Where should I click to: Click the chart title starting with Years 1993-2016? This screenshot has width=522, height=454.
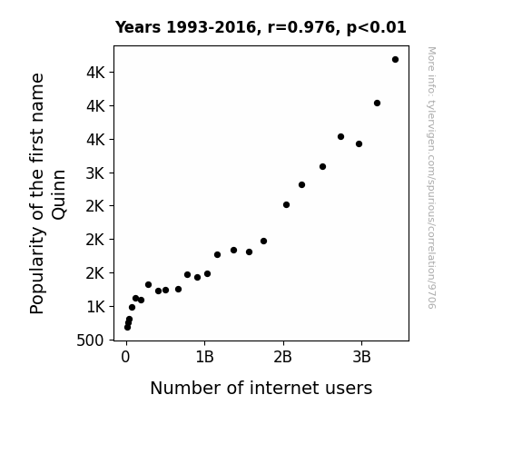pos(261,27)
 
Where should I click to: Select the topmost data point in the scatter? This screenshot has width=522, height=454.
pos(395,60)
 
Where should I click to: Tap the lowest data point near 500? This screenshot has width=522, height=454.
pos(127,328)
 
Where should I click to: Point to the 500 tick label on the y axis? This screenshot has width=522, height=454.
pos(90,340)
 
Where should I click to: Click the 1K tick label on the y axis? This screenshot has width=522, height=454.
pos(95,307)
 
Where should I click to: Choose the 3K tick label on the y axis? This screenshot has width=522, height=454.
pos(95,173)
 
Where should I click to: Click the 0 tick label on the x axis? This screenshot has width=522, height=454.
pos(125,357)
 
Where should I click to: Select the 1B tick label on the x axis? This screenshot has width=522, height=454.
pos(204,357)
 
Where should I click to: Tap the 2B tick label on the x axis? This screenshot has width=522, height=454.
pos(282,357)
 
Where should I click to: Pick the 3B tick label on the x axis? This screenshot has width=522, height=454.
pos(361,357)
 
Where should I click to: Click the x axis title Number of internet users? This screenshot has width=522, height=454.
pos(261,388)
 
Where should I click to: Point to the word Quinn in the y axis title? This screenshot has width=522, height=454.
pos(59,194)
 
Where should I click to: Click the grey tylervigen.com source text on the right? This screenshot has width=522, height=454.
pos(431,178)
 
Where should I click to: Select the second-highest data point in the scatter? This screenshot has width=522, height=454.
pos(377,104)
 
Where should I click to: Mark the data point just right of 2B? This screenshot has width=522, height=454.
pos(286,205)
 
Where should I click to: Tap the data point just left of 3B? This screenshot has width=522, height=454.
pos(359,143)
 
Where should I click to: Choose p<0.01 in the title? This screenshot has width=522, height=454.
pos(377,28)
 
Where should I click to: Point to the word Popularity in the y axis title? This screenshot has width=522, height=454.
pos(37,270)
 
